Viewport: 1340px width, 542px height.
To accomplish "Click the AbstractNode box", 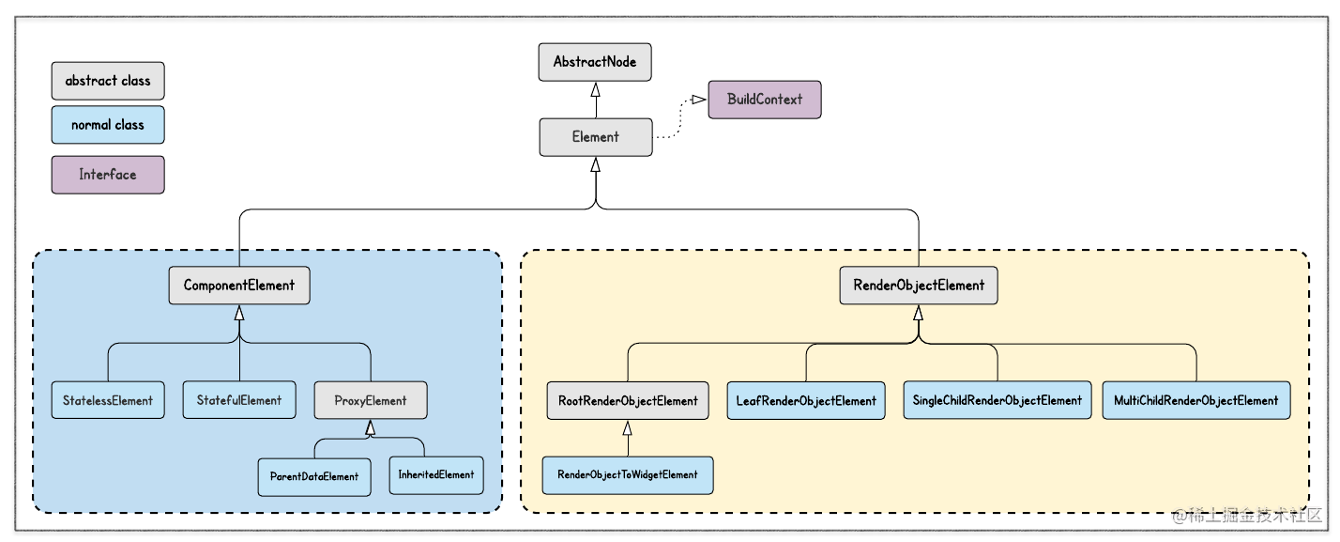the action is click(595, 62).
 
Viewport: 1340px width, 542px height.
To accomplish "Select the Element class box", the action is click(596, 137).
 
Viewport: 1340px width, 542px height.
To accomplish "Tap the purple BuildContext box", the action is click(765, 100).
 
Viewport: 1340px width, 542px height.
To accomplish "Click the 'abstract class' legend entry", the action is click(108, 81).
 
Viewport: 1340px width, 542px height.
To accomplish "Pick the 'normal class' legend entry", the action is click(108, 125).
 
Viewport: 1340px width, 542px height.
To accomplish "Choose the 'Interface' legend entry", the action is click(108, 175).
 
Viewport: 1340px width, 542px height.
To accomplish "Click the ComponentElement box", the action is click(239, 285).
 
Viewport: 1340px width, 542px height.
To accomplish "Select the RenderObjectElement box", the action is click(919, 285).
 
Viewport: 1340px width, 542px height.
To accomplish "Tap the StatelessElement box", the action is click(108, 400).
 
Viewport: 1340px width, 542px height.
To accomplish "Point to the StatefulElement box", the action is click(239, 400).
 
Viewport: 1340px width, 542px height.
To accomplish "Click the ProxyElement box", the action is click(371, 400).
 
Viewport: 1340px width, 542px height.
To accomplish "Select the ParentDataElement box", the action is click(314, 477).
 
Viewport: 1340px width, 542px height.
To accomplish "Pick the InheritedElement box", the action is click(436, 475).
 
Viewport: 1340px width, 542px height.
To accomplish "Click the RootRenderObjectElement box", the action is click(628, 401).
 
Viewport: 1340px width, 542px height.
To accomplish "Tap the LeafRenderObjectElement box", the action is click(806, 401).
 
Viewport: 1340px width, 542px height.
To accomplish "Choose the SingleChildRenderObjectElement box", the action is click(997, 400).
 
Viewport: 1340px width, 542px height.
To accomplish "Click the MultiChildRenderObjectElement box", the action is click(1195, 400).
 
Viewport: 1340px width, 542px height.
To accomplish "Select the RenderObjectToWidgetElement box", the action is click(628, 475).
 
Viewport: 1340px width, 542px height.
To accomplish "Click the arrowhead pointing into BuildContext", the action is click(698, 100).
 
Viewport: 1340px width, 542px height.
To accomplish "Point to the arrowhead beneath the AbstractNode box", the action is click(595, 90).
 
